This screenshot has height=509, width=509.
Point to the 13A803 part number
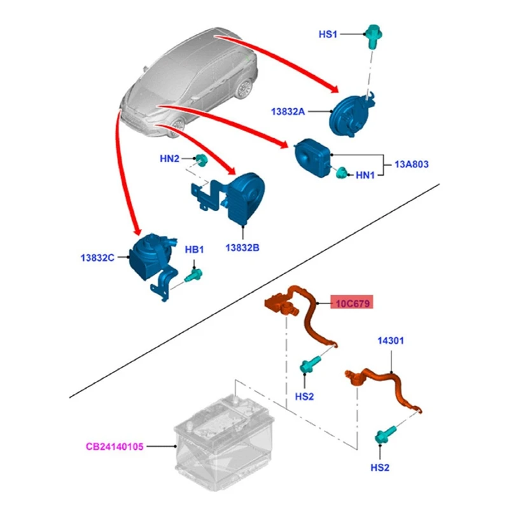pyautogui.click(x=412, y=164)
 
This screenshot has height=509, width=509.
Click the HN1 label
pyautogui.click(x=365, y=174)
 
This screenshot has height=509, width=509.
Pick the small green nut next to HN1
pyautogui.click(x=342, y=172)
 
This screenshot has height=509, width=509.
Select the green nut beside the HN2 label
pyautogui.click(x=200, y=159)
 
